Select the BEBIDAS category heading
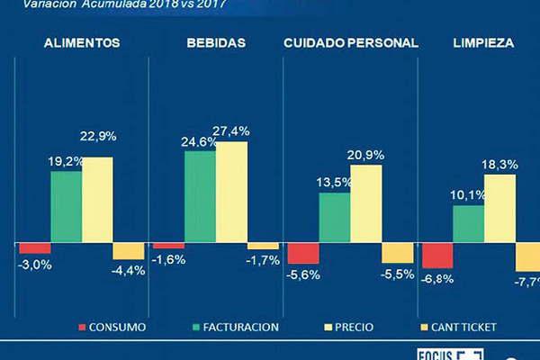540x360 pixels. pos(215,43)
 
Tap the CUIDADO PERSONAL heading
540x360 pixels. pos(350,43)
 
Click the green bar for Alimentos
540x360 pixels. pos(66,207)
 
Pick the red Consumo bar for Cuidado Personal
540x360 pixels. pos(302,253)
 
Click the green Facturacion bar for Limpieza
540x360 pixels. pos(468,224)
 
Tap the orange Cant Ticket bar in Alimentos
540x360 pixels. pos(127,251)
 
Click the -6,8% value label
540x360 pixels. pos(438,278)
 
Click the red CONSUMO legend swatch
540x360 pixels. pos(84,327)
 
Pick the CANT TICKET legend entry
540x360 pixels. pos(460,327)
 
